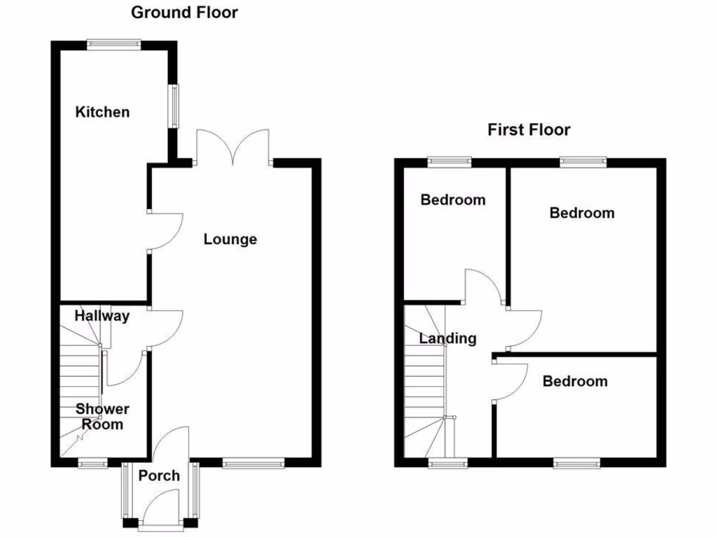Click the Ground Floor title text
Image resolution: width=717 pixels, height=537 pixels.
click(x=184, y=13)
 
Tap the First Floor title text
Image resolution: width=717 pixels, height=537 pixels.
click(x=529, y=129)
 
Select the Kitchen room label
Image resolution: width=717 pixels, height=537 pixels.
click(x=102, y=112)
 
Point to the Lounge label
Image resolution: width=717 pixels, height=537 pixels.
click(x=230, y=239)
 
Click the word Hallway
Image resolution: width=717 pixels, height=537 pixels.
click(x=102, y=316)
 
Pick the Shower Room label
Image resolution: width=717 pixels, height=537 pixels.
click(x=102, y=416)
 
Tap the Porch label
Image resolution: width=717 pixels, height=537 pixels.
click(x=158, y=475)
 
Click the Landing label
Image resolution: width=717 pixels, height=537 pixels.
click(x=447, y=338)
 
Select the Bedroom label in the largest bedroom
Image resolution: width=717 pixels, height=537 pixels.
click(x=581, y=213)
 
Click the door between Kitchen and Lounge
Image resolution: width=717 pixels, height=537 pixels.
click(x=165, y=231)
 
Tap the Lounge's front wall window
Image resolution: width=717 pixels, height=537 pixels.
click(x=253, y=462)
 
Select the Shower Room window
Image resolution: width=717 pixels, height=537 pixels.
click(x=92, y=462)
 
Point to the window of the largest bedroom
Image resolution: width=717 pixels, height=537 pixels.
click(x=583, y=162)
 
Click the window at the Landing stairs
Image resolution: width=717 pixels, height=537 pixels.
click(x=447, y=462)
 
